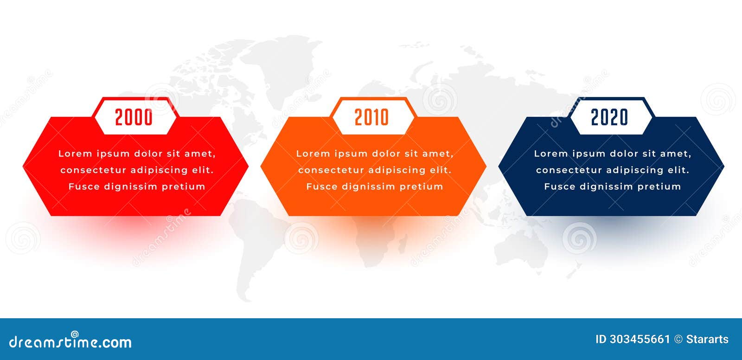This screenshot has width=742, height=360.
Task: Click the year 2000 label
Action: tap(134, 117)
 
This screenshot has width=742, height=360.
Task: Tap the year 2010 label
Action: tap(371, 117)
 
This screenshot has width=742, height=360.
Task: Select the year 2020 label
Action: tap(609, 117)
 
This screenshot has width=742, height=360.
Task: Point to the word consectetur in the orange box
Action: tap(328, 170)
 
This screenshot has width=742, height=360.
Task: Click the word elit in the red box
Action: tap(203, 170)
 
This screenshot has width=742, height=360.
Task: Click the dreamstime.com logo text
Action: tap(70, 342)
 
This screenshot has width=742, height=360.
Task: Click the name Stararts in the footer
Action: tap(707, 340)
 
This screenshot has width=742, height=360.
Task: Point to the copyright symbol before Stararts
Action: tap(678, 340)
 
